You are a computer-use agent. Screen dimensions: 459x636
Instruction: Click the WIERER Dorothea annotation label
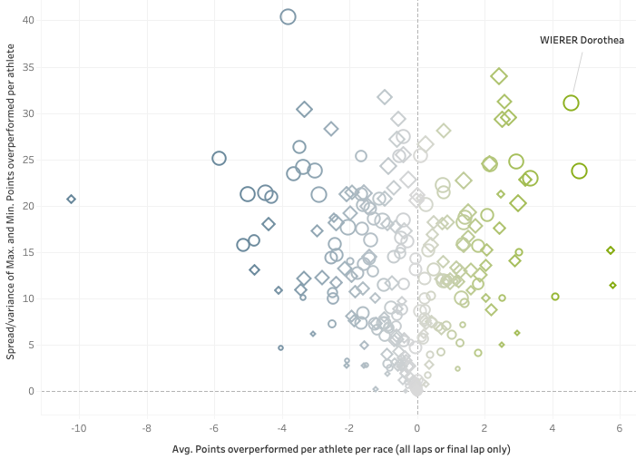coord(582,40)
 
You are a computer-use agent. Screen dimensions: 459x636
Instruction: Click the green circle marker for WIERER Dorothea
coord(571,103)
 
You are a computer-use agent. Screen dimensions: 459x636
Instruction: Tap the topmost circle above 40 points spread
coord(288,16)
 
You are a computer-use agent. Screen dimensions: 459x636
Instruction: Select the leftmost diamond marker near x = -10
coord(71,199)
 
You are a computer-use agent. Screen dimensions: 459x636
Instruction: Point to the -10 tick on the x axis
coord(78,426)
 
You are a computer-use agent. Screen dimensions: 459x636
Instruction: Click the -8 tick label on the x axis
coord(146,426)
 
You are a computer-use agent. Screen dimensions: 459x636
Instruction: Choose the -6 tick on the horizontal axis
coord(214,426)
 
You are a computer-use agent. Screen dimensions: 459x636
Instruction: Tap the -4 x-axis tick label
coord(281,426)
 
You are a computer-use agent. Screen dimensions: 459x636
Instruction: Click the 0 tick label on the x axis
coord(417,426)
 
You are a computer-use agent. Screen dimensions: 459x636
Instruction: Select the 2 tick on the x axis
coord(484,426)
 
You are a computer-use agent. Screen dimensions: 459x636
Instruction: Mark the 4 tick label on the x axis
coord(553,426)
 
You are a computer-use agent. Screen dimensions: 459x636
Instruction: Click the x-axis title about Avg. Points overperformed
coord(341,448)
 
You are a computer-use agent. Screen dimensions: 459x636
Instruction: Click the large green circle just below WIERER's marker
coord(580,171)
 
